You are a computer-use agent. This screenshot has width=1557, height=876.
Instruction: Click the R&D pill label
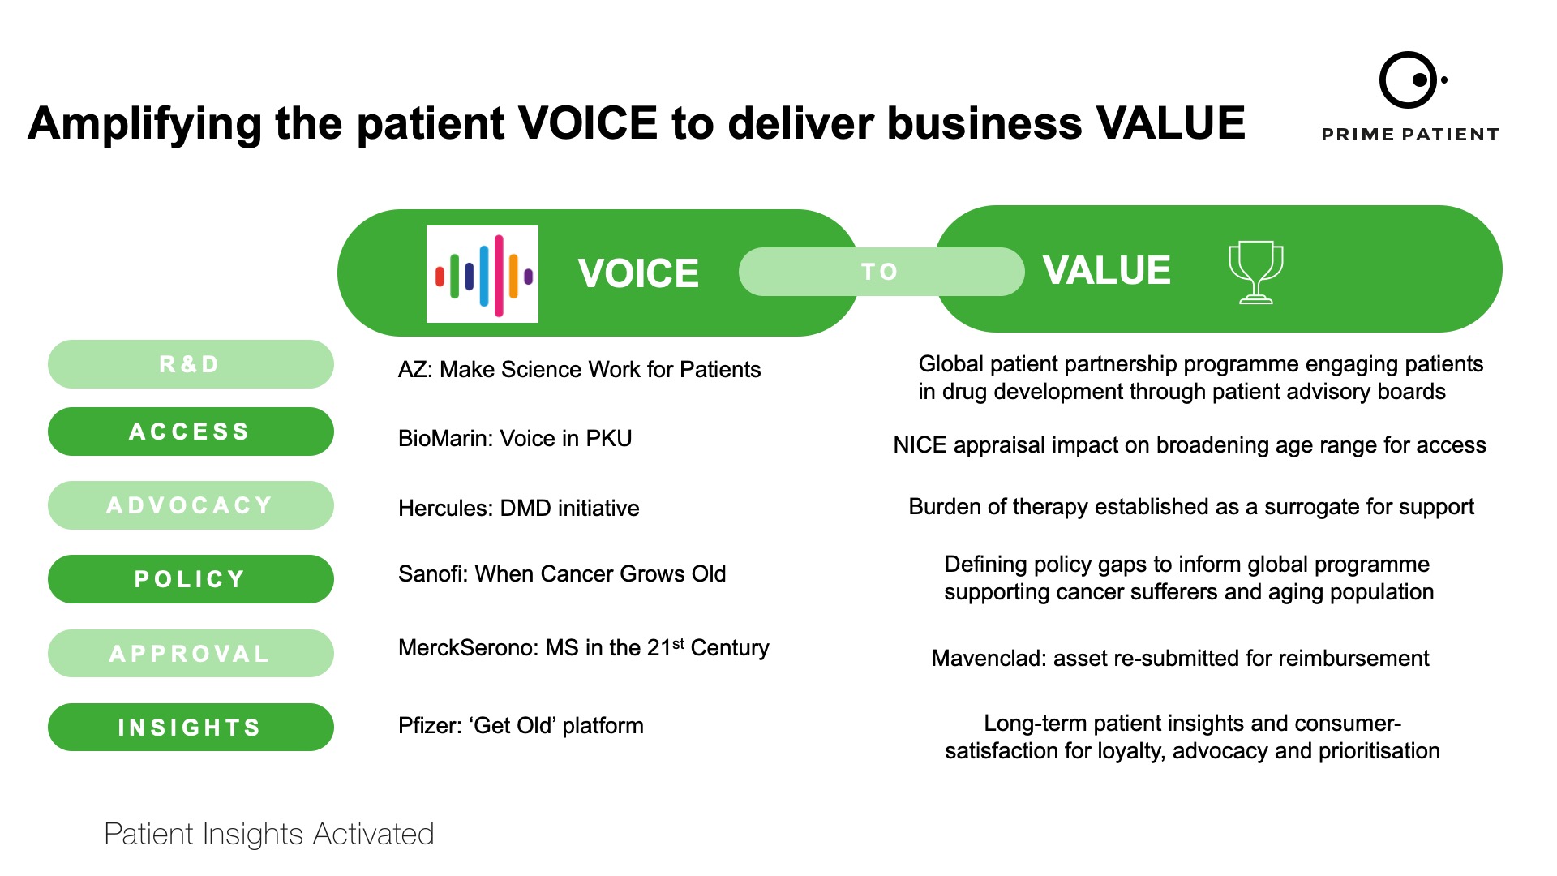[x=191, y=364]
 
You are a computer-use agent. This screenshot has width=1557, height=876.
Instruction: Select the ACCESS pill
[x=191, y=432]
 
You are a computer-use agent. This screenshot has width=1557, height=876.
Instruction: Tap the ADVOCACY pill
[x=191, y=505]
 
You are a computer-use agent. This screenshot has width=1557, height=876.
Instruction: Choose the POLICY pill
[x=191, y=579]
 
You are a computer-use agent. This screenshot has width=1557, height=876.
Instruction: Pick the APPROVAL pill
[x=191, y=654]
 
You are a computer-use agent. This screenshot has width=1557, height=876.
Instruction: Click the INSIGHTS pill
[x=191, y=728]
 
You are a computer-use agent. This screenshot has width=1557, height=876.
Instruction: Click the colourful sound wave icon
[x=483, y=274]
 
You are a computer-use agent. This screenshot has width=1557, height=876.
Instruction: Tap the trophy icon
[x=1256, y=272]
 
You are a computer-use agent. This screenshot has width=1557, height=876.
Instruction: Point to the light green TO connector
[x=881, y=272]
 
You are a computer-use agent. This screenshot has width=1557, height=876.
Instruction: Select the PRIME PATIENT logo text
[x=1410, y=135]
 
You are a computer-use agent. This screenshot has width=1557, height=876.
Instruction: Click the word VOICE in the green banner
[x=638, y=273]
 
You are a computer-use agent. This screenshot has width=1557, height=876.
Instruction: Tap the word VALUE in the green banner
[x=1107, y=270]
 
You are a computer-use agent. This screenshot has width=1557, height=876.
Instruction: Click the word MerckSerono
[x=468, y=648]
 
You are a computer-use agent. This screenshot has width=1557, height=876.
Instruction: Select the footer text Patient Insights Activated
[x=269, y=835]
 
